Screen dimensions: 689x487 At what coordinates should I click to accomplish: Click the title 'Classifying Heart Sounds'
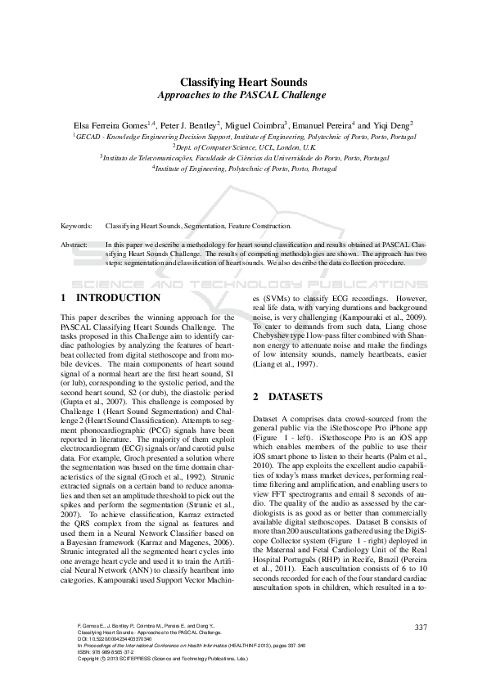pyautogui.click(x=243, y=82)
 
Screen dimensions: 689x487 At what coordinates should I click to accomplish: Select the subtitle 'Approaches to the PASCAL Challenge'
pyautogui.click(x=243, y=96)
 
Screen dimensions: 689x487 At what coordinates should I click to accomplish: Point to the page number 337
pyautogui.click(x=422, y=628)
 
